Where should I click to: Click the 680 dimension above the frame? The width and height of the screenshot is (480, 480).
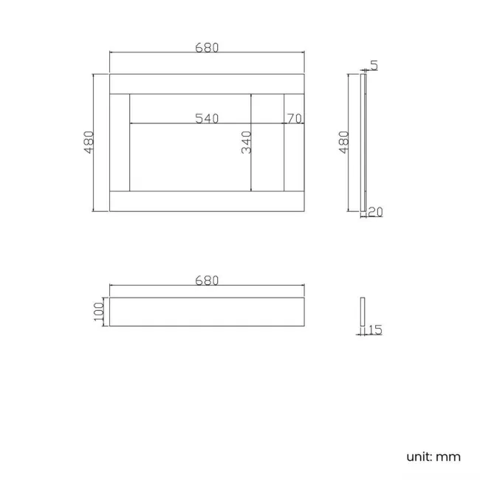point(208,47)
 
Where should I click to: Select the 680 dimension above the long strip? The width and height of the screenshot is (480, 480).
point(208,280)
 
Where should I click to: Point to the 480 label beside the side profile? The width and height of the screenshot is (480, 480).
point(343,142)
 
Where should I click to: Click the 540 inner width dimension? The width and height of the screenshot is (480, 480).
point(207,118)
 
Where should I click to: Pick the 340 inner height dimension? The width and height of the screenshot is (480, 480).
point(247,142)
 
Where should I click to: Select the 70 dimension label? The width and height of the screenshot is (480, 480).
point(294,118)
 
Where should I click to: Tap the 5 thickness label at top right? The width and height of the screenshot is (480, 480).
point(374,65)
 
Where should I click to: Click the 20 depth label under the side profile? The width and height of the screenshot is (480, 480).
point(375,213)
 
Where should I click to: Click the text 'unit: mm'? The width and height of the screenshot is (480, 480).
point(433,456)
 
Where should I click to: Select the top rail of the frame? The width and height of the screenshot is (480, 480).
point(208,83)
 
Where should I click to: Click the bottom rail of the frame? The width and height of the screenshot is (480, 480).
point(208,201)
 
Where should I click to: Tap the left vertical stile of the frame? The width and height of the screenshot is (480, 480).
point(120,142)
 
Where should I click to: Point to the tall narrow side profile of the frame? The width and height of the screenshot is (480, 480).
point(363,142)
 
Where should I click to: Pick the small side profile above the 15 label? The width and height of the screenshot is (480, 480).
point(363,312)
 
